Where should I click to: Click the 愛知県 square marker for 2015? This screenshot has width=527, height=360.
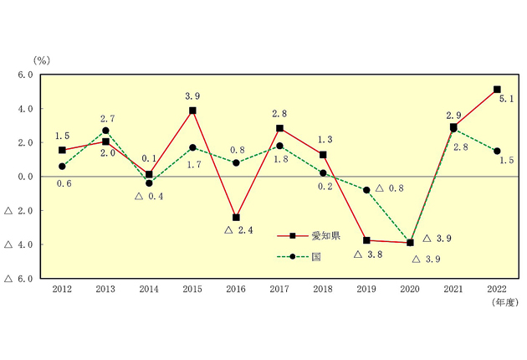[x=192, y=111]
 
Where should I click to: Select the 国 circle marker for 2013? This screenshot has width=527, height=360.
[x=105, y=131]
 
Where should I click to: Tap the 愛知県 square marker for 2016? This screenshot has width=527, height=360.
[x=236, y=218]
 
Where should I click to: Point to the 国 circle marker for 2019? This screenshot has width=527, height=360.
[x=366, y=190]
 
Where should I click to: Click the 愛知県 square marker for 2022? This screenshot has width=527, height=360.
[x=497, y=90]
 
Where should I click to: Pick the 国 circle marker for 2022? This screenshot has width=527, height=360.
[x=497, y=151]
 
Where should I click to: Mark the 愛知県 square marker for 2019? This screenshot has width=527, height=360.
[x=366, y=240]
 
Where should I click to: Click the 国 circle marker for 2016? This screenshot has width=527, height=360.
[x=236, y=163]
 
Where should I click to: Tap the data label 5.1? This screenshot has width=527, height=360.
[x=506, y=99]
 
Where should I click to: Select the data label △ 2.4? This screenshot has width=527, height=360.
[x=238, y=230]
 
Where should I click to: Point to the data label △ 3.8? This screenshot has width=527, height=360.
[x=368, y=255]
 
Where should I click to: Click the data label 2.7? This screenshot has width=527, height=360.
[x=108, y=119]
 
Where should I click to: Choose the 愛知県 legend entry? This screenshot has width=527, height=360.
[x=309, y=236]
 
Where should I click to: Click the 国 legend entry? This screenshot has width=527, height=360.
[x=299, y=257]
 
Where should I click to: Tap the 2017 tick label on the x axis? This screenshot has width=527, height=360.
[x=279, y=289]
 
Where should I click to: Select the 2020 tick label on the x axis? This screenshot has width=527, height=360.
[x=410, y=289]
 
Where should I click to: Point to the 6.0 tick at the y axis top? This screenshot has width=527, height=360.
[x=25, y=75]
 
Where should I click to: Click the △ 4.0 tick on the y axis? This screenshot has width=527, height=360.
[x=18, y=244]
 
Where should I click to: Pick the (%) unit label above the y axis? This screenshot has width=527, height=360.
[x=42, y=60]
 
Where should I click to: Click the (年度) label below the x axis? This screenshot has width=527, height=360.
[x=505, y=302]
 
